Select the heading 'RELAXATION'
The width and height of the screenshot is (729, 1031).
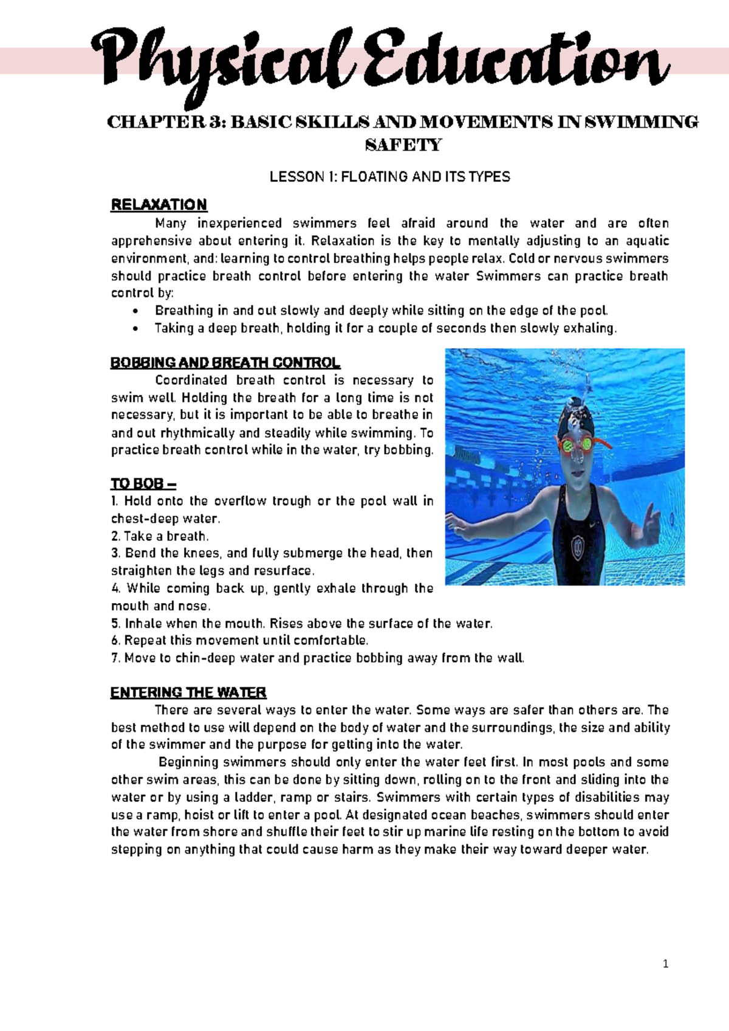click(159, 204)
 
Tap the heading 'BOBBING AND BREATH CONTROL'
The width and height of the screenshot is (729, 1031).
click(225, 363)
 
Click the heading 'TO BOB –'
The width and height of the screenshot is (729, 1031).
click(143, 484)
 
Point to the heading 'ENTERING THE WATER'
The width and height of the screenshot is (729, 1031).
click(188, 692)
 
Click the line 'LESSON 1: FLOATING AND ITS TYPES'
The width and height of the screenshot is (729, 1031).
click(389, 177)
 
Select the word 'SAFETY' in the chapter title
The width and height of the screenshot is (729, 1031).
click(403, 145)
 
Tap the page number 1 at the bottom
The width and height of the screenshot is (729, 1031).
click(666, 964)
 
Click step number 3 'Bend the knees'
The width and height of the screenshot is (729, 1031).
click(116, 553)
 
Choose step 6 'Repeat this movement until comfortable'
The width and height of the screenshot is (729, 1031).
click(239, 641)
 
